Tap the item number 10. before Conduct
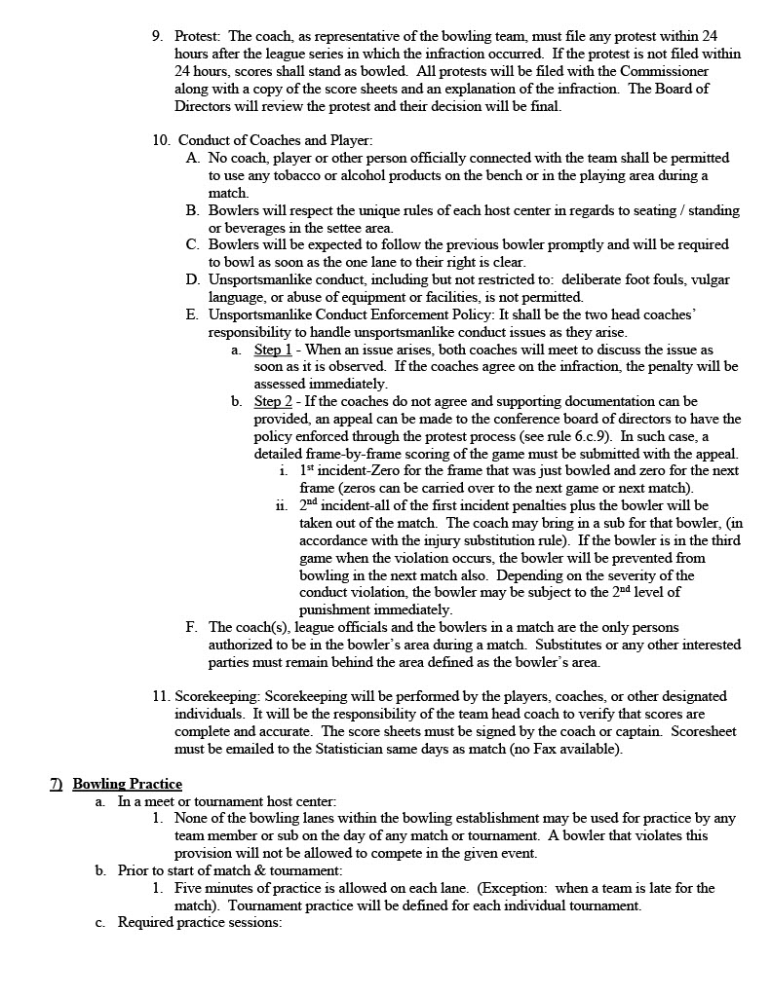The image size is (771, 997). click(162, 140)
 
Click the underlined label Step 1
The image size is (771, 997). click(273, 350)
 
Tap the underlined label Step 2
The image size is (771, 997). click(273, 401)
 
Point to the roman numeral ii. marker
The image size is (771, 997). click(282, 506)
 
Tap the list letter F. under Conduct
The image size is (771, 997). click(192, 628)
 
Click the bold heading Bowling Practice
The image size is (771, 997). click(127, 784)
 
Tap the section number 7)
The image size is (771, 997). click(57, 784)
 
